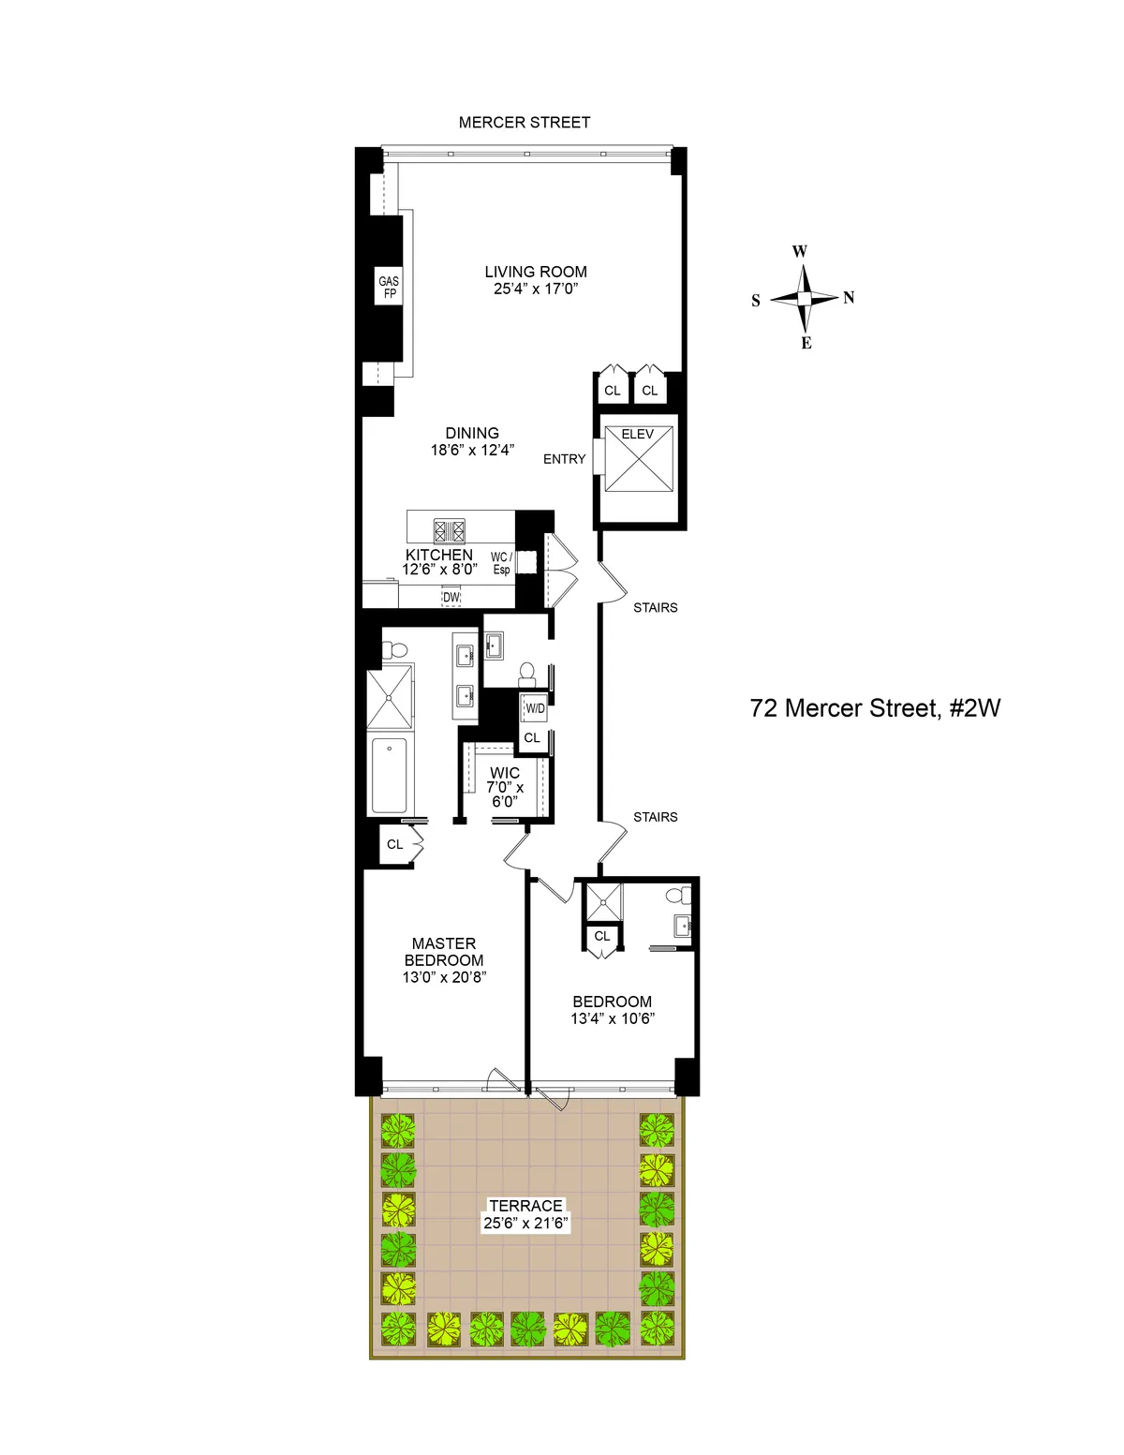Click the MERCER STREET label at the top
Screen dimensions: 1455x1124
tap(525, 123)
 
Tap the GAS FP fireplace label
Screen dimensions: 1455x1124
tap(389, 288)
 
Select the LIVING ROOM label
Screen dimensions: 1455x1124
tap(536, 272)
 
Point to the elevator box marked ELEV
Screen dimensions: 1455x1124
tap(638, 458)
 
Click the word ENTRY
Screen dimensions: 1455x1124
tap(564, 459)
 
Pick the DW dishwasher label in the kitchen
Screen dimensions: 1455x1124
tap(451, 597)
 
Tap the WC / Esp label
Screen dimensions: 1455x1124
tap(501, 563)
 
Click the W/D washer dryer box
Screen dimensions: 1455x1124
tap(535, 708)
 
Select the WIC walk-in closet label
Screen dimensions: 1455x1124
tap(505, 774)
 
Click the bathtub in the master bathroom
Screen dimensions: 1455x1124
tap(390, 776)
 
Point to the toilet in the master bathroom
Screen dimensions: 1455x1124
tap(393, 648)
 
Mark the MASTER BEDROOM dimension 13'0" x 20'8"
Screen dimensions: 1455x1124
tap(444, 977)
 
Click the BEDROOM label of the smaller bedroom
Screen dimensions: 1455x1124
tap(613, 1002)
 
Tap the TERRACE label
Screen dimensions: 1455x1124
tap(525, 1206)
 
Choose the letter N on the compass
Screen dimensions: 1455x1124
tap(849, 298)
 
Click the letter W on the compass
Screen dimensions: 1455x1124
tap(799, 251)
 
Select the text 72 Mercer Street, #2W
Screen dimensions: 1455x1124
tap(875, 708)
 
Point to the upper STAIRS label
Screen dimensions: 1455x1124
tap(655, 608)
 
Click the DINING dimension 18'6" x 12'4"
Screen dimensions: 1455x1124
tap(472, 450)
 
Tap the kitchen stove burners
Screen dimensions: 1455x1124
tap(450, 530)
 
